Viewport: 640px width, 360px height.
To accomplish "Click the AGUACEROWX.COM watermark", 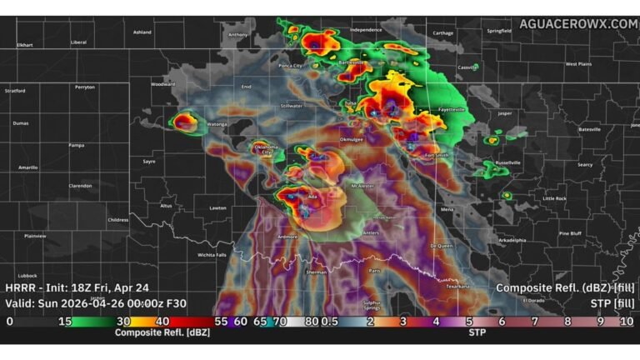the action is coord(577,23).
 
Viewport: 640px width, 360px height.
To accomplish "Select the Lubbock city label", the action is coord(27,275).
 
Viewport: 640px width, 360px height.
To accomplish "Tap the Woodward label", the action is coord(162,84).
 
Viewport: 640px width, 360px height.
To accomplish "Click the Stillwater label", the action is coord(292,107).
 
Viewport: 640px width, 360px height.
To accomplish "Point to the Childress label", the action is coord(118,220).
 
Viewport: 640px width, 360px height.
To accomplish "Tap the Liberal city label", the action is coord(78,42).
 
